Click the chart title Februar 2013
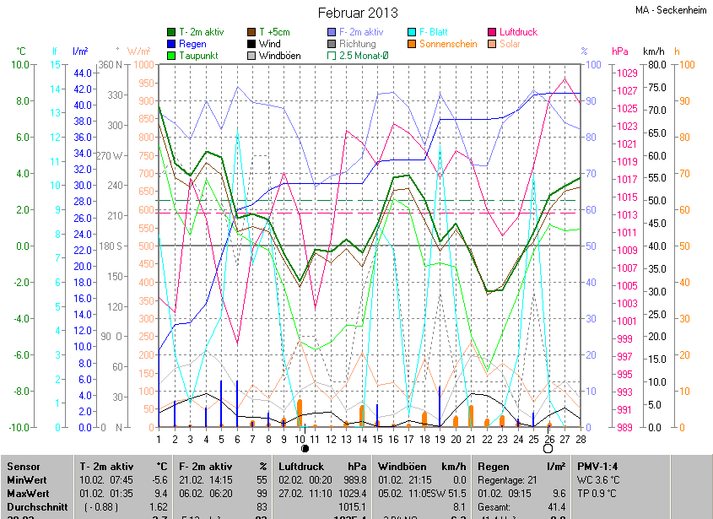pos(357,12)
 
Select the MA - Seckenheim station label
pos(672,10)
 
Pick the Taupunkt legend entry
pos(198,56)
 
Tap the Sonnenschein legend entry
pos(449,44)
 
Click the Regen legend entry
pos(192,44)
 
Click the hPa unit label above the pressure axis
pos(620,51)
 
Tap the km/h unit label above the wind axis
pos(654,51)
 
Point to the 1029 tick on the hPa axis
pos(627,73)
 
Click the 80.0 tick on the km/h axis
pos(657,64)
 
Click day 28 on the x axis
pos(581,438)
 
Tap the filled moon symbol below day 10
pos(304,450)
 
